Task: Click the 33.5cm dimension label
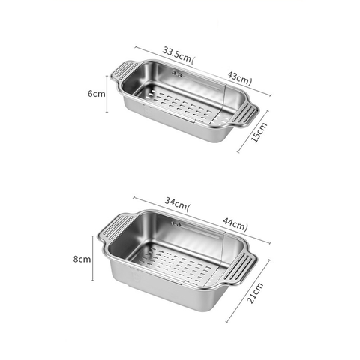[x=178, y=54]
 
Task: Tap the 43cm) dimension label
[x=240, y=77]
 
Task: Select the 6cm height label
[x=95, y=94]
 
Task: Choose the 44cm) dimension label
[x=235, y=225]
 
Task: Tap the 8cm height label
[x=82, y=259]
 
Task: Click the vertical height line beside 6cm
[x=107, y=94]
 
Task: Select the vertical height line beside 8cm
[x=93, y=259]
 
